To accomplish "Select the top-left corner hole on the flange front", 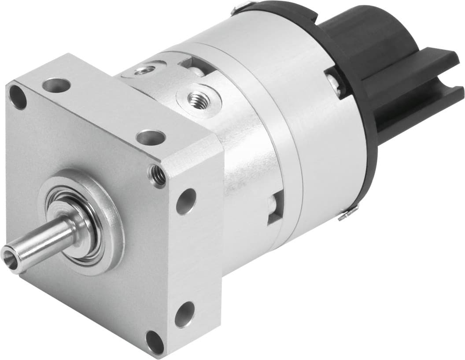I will pos(18,97).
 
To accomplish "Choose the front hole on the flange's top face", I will pos(151,137).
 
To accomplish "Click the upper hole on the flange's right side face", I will pos(186,201).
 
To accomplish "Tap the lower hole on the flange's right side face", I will pos(185,314).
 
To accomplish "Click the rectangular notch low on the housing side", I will pos(275,206).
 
